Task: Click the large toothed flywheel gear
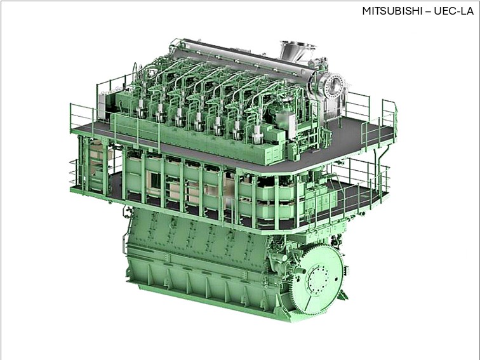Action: point(317,279)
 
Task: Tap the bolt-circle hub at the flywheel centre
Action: point(318,279)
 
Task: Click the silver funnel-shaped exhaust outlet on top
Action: point(298,52)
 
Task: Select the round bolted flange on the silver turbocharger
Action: point(333,86)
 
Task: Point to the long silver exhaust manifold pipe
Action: point(245,60)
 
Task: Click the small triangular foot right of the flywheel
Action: point(343,295)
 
